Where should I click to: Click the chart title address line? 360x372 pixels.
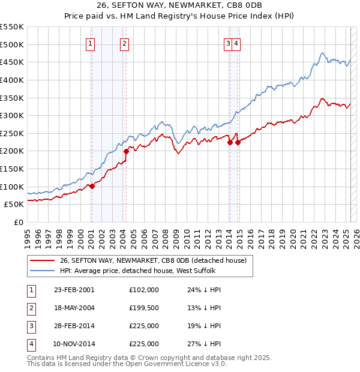[179, 7]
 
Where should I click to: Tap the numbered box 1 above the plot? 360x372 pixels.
[90, 43]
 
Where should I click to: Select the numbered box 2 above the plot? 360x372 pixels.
[124, 43]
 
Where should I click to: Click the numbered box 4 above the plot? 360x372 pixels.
[237, 43]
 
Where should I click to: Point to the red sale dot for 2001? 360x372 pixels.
[92, 186]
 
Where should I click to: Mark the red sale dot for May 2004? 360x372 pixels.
[127, 151]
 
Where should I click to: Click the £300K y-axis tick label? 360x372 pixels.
[12, 115]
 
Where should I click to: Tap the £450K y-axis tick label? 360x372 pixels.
[12, 62]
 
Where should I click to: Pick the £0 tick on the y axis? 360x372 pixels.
[19, 222]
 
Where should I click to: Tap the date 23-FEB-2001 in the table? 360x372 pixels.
[74, 290]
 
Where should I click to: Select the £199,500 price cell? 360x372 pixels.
[144, 308]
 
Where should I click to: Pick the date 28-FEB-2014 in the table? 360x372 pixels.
[74, 326]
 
